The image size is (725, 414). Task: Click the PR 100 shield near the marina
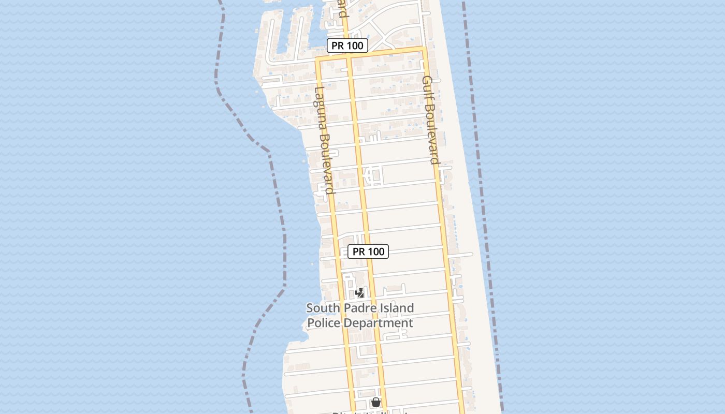[x=347, y=46]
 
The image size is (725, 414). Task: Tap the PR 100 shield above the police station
[x=368, y=252]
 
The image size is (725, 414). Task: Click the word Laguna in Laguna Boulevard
[x=320, y=111]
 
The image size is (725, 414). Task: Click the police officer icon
[x=360, y=293]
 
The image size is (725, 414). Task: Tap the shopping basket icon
[x=376, y=402]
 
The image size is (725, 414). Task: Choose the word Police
[x=325, y=323]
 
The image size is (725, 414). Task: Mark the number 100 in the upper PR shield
[x=355, y=46]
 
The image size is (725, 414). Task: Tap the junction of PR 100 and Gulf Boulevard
[x=424, y=49]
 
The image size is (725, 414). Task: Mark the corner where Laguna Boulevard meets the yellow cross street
[x=317, y=59]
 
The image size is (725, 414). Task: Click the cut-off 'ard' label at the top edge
[x=342, y=9]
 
